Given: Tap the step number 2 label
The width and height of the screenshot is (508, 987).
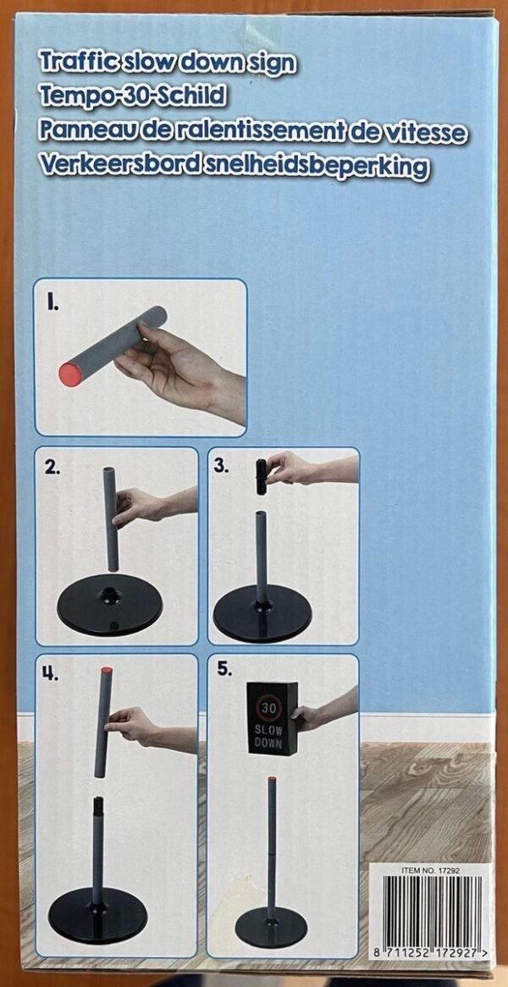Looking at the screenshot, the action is tap(53, 469).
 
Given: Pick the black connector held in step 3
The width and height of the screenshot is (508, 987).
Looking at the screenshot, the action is tap(261, 477).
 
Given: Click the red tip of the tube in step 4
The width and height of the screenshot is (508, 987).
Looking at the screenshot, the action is tap(107, 671).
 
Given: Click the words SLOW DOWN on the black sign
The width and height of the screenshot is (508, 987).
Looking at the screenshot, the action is tap(269, 738).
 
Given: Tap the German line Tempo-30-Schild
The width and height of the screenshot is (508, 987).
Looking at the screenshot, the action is tap(132, 96).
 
